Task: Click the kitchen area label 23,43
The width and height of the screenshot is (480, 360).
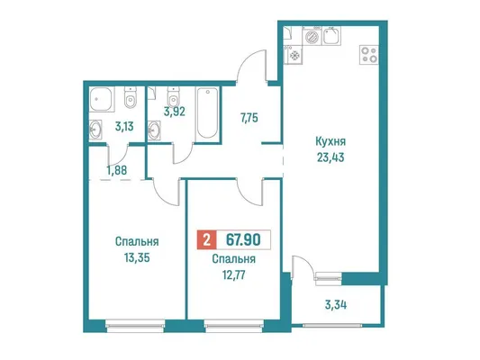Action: (331, 157)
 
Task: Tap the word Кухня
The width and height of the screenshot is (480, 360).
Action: (331, 141)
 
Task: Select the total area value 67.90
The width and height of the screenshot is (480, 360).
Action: (243, 239)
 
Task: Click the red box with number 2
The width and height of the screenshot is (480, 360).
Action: (206, 239)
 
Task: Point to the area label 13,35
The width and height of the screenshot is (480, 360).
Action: (137, 257)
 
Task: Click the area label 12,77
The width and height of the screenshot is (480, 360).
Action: (234, 275)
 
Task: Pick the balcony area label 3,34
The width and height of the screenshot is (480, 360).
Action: (336, 304)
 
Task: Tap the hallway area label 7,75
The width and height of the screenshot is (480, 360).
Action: (249, 118)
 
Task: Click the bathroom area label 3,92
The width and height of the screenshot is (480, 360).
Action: (175, 112)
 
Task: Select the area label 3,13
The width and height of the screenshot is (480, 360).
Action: (124, 126)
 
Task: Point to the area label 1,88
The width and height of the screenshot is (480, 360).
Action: (117, 170)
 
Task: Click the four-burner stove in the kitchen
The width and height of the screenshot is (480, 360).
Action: (369, 55)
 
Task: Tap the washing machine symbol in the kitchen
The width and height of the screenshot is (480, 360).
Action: (312, 36)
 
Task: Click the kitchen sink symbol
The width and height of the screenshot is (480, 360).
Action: (331, 36)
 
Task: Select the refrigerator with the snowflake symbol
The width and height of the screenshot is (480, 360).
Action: (294, 55)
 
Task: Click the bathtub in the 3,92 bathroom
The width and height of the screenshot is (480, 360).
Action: (208, 113)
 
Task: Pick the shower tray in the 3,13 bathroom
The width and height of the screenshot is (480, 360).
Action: (102, 99)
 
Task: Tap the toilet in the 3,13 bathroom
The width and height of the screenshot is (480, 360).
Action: (131, 97)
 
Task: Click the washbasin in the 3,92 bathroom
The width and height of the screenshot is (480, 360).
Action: (154, 130)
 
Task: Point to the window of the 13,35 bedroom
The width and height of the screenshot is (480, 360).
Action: (135, 326)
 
